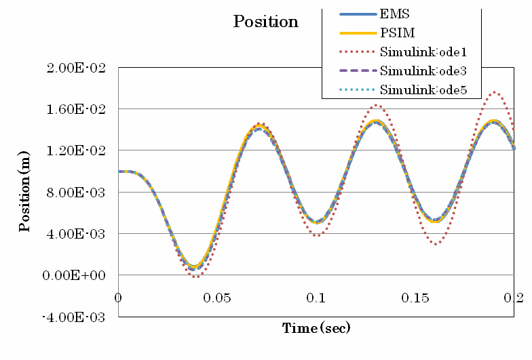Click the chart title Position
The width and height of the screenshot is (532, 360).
pyautogui.click(x=265, y=22)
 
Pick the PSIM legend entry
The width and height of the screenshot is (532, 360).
pyautogui.click(x=397, y=33)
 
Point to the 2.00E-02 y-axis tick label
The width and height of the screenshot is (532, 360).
pyautogui.click(x=77, y=68)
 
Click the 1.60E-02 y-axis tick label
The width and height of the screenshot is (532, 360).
pyautogui.click(x=77, y=109)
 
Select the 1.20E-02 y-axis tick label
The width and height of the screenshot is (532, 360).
pyautogui.click(x=77, y=151)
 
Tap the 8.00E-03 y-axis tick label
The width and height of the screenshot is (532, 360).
pyautogui.click(x=77, y=193)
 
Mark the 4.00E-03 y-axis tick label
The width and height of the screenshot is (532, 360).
pyautogui.click(x=77, y=234)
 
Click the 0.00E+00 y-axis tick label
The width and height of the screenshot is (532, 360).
pyautogui.click(x=76, y=275)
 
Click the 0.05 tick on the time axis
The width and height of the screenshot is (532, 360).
pyautogui.click(x=218, y=299)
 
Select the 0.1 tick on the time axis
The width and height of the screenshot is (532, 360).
pyautogui.click(x=316, y=299)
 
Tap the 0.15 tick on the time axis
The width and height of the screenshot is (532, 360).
pyautogui.click(x=415, y=299)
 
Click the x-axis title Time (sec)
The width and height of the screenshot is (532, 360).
pyautogui.click(x=316, y=329)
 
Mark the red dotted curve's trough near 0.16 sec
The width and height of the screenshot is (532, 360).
pyautogui.click(x=435, y=243)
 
